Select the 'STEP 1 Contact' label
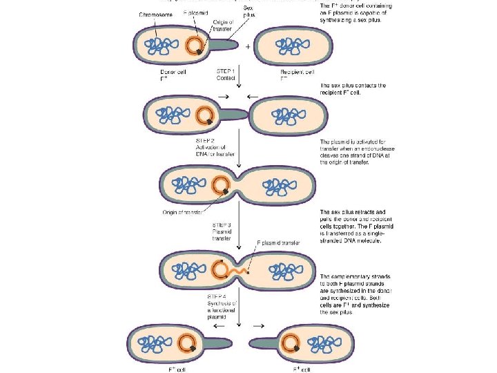click(x=226, y=75)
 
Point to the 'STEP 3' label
click(x=221, y=223)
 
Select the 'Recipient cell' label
click(x=298, y=71)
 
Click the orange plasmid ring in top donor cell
click(x=195, y=46)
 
